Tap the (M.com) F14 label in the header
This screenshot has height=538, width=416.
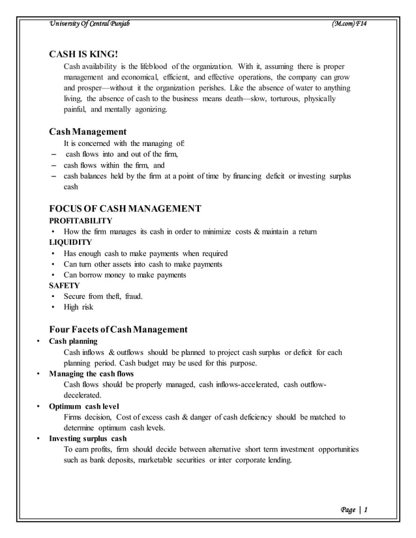pyautogui.click(x=350, y=24)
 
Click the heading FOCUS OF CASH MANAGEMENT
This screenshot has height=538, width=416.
pyautogui.click(x=125, y=209)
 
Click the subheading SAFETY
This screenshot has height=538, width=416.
pyautogui.click(x=65, y=285)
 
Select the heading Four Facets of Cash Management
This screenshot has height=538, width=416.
pyautogui.click(x=118, y=329)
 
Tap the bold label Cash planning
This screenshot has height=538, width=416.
pyautogui.click(x=74, y=341)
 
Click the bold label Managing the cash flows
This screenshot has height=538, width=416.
pyautogui.click(x=91, y=374)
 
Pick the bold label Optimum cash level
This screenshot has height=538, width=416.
pyautogui.click(x=82, y=406)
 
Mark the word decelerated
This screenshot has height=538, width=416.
pyautogui.click(x=82, y=395)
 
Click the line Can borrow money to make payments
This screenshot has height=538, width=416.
pyautogui.click(x=125, y=275)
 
